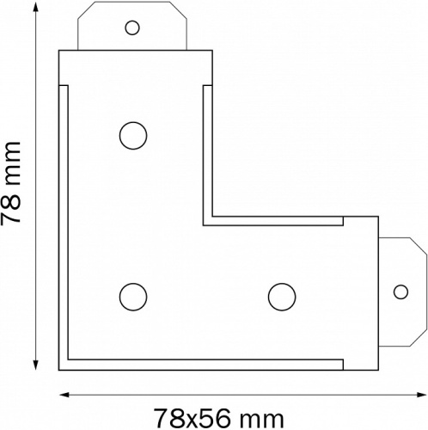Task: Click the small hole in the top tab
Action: click(132, 28)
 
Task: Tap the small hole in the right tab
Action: click(400, 292)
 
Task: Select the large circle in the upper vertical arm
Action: click(133, 136)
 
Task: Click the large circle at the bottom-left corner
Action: click(133, 297)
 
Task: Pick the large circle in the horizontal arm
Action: click(282, 297)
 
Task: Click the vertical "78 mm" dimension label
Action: click(11, 182)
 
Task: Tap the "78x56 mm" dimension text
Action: click(219, 418)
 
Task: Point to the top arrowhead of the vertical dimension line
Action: click(35, 8)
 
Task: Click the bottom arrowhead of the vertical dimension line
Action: click(35, 365)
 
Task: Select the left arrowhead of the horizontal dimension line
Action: click(64, 395)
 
